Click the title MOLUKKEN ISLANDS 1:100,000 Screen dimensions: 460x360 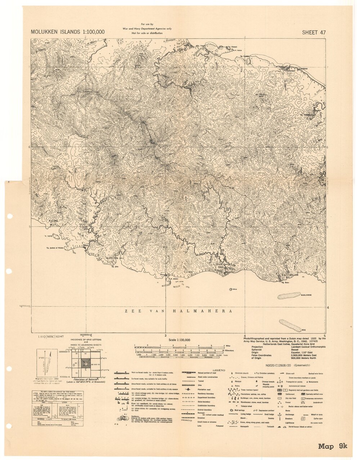click(68, 32)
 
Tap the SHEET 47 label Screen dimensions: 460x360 click(314, 32)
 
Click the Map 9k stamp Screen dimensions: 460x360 click(332, 446)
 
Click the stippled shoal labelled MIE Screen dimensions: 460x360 click(290, 325)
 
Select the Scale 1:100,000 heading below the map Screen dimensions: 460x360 click(179, 340)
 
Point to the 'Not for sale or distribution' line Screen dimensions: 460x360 click(147, 33)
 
